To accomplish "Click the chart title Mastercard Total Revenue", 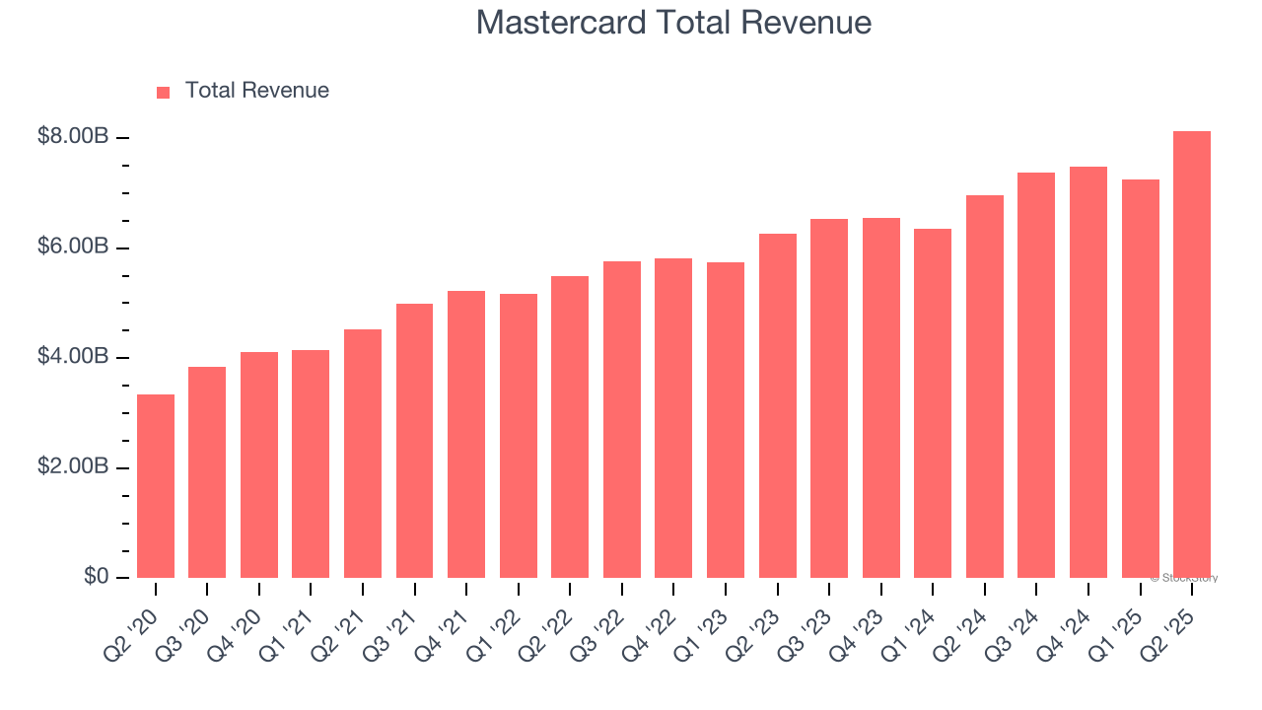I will (x=673, y=23).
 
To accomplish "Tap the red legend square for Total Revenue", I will (x=163, y=92).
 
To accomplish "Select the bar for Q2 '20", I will (x=156, y=486).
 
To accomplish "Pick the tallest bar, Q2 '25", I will (x=1192, y=355).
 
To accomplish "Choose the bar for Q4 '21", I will (x=466, y=434).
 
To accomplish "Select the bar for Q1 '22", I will (x=519, y=436).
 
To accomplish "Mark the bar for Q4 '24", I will (x=1088, y=373).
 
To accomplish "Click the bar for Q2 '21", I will (x=363, y=454).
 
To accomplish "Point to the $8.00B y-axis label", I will (x=73, y=136).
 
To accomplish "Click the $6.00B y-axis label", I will (x=73, y=247).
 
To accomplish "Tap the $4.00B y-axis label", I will (x=73, y=356).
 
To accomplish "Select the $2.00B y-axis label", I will (x=73, y=466).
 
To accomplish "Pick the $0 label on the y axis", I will (x=96, y=576).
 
